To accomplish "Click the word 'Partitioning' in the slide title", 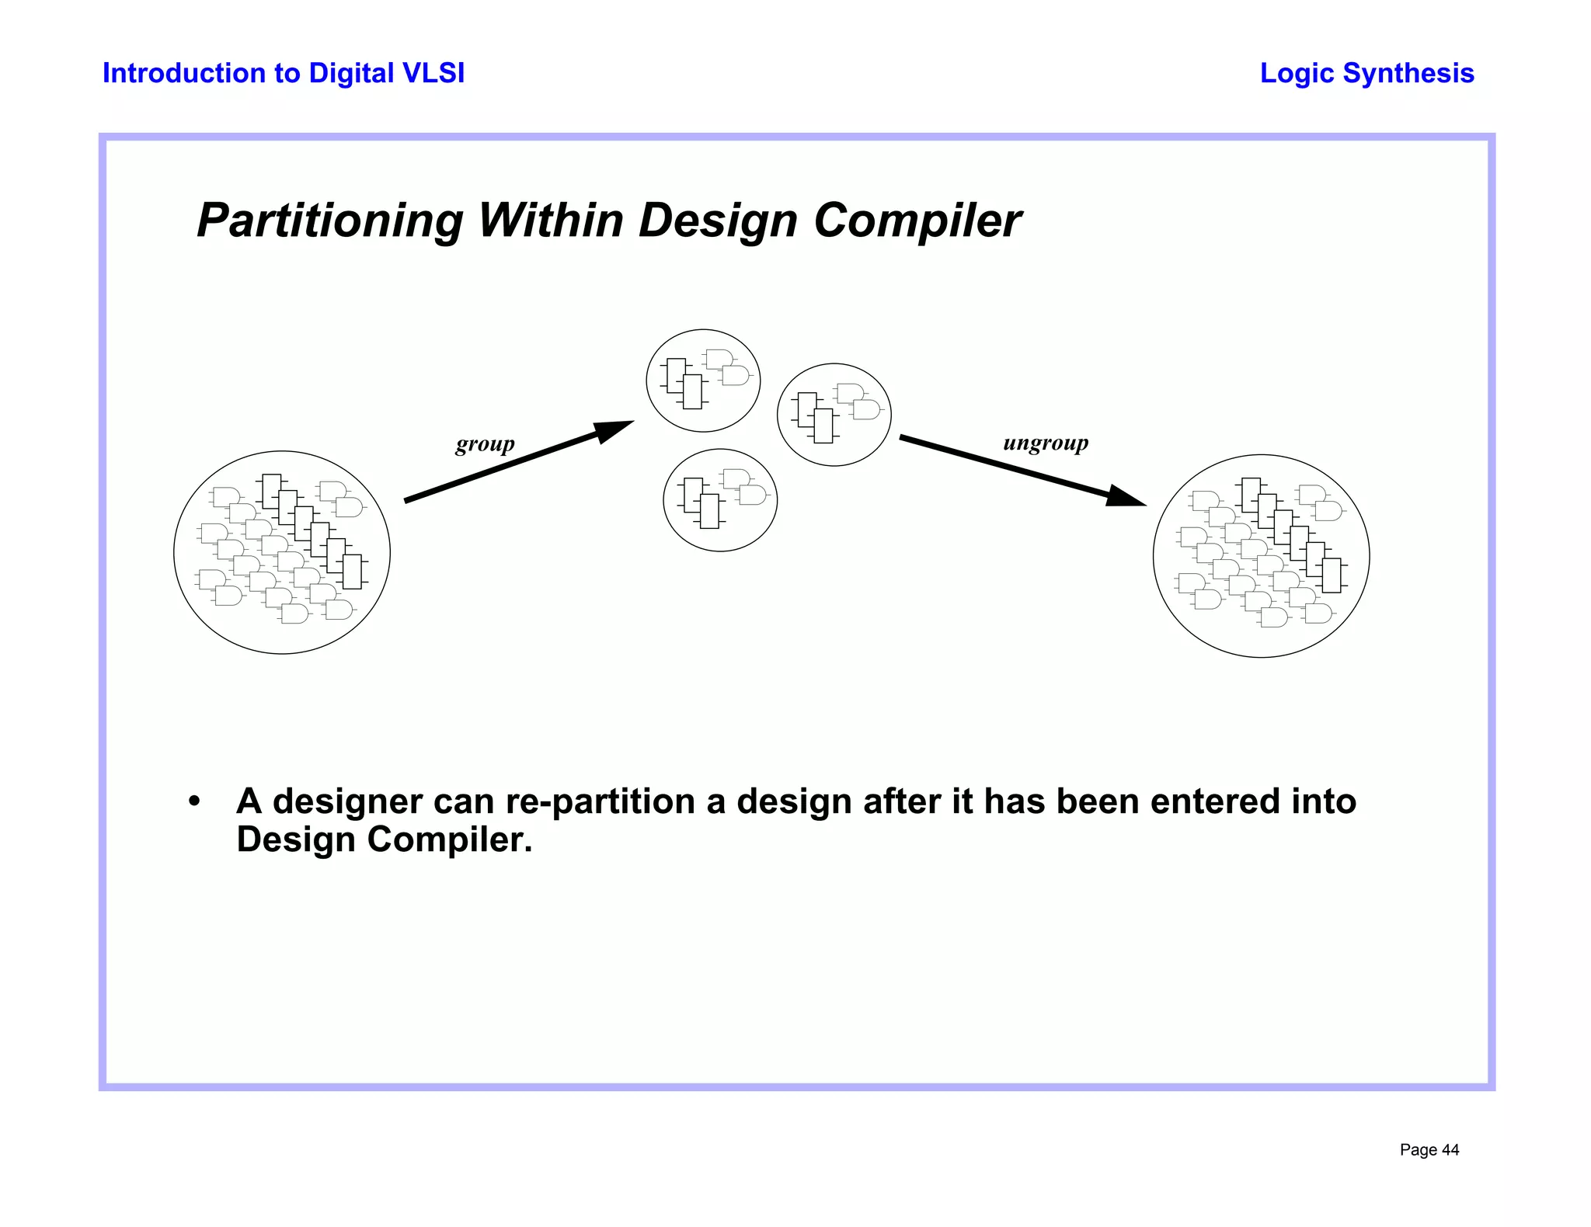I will pos(330,221).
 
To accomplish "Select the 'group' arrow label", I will pos(485,444).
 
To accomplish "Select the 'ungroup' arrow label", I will pos(1046,443).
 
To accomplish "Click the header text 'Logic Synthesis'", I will pos(1366,73).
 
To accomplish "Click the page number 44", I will pos(1450,1150).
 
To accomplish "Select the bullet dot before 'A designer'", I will pos(194,801).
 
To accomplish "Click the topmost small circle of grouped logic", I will pos(703,381).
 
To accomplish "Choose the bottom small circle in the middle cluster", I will pos(720,500).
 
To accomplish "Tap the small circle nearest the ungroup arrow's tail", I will pos(834,415).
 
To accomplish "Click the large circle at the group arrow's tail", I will pos(282,552).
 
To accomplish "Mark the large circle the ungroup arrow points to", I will pos(1261,556).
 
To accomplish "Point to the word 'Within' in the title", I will pos(550,221).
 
